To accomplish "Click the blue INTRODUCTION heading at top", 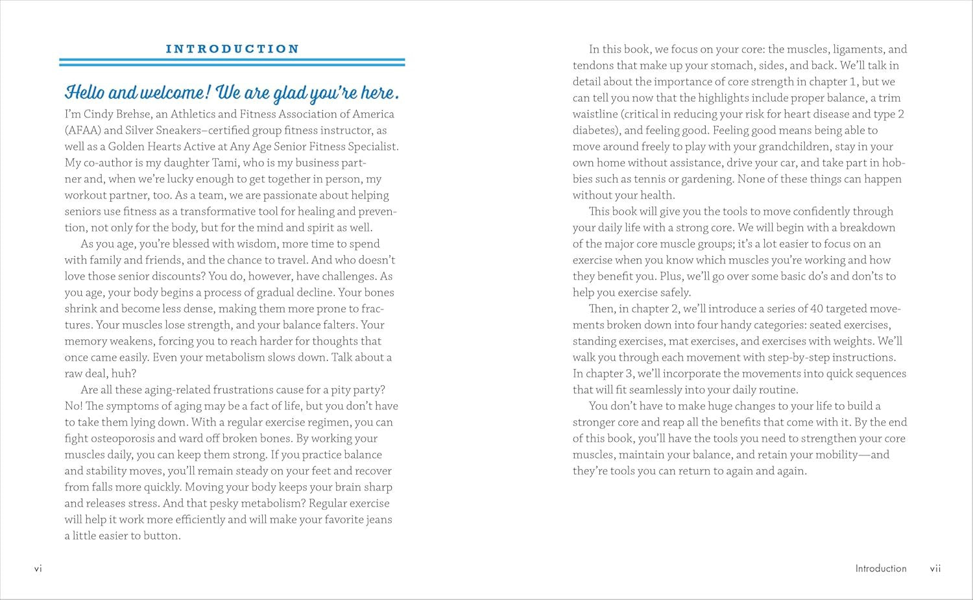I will click(232, 49).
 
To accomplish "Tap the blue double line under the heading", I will click(232, 62).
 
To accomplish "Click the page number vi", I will click(38, 569).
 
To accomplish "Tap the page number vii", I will click(935, 569).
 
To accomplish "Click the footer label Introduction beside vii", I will click(880, 569).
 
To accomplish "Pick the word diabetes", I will click(595, 130).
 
